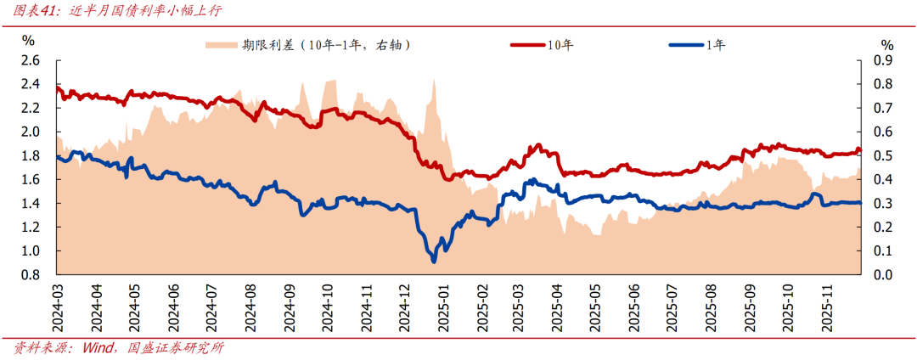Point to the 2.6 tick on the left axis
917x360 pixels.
(31, 60)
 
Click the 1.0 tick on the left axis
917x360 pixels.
(31, 251)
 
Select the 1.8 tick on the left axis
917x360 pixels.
(31, 156)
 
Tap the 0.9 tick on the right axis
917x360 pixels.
(884, 60)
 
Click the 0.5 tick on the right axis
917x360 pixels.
(884, 156)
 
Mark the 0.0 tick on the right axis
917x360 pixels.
(884, 275)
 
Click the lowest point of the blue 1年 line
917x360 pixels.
(434, 261)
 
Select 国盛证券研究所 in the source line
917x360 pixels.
(175, 348)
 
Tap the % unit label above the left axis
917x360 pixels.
(29, 40)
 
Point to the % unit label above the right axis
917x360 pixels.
(887, 44)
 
